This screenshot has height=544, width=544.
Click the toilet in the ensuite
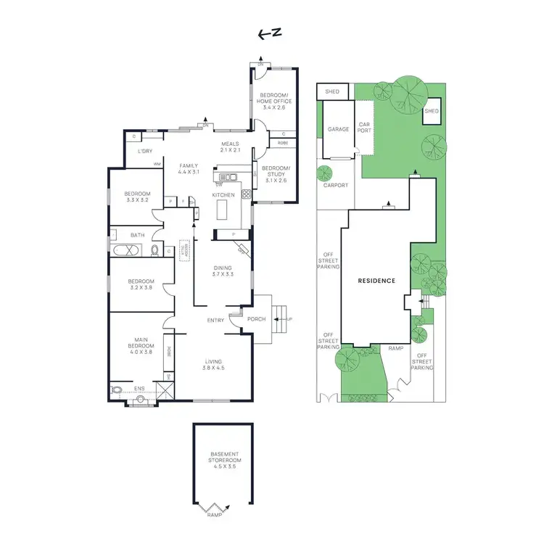point(118,390)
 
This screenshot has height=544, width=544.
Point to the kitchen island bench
point(223,210)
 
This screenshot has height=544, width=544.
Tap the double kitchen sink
point(229,177)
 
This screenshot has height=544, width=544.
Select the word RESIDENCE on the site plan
point(377,281)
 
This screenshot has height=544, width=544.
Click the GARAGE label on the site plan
point(338,129)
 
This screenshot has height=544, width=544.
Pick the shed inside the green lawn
point(432,111)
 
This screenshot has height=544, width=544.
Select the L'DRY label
point(144,151)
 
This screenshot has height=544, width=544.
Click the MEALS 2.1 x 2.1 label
point(231,147)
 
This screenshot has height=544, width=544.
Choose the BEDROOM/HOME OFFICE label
point(274,98)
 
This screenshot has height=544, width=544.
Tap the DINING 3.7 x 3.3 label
point(223,271)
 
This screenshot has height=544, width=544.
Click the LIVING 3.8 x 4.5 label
point(213,365)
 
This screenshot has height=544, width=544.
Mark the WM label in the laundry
point(156,164)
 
